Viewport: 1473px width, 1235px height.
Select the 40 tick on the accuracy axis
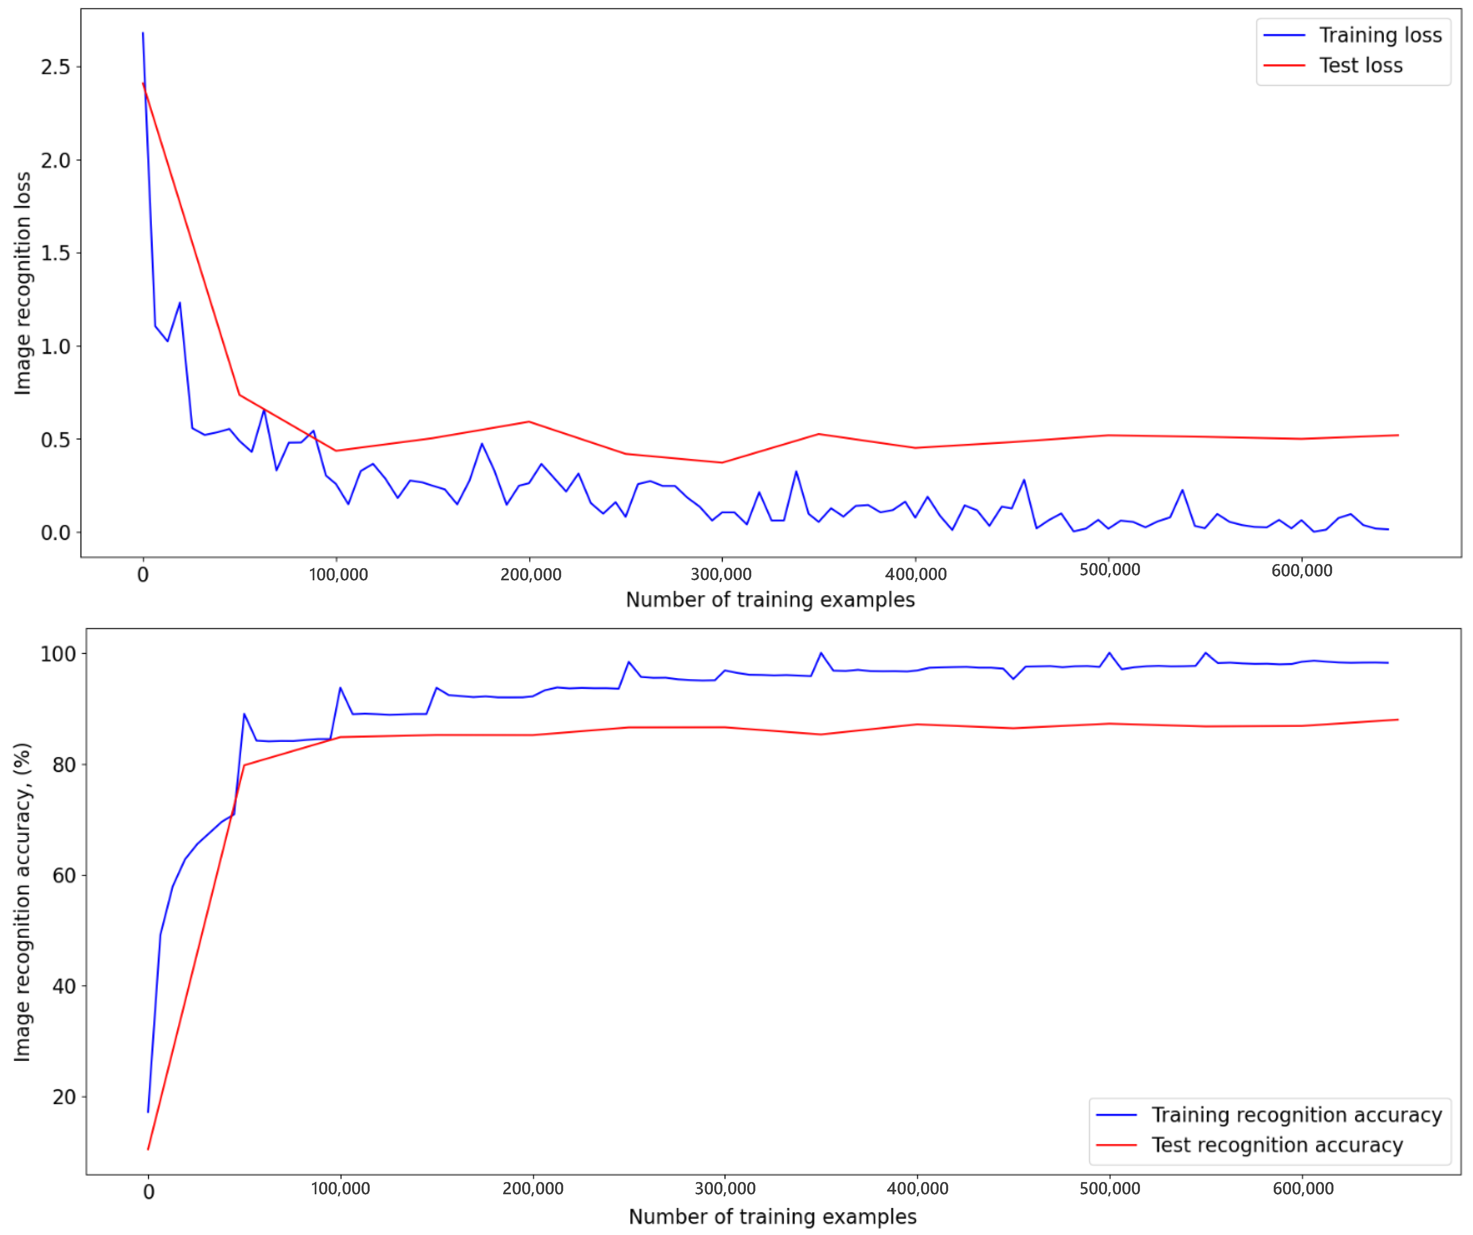pos(64,986)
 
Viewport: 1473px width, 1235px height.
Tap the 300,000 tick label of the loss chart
pos(721,574)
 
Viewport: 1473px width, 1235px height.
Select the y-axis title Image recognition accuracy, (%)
pos(23,901)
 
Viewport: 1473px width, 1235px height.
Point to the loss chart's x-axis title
pos(770,600)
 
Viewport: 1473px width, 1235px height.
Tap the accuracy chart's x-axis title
pos(772,1217)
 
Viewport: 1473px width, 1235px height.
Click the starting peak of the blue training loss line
pos(143,33)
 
